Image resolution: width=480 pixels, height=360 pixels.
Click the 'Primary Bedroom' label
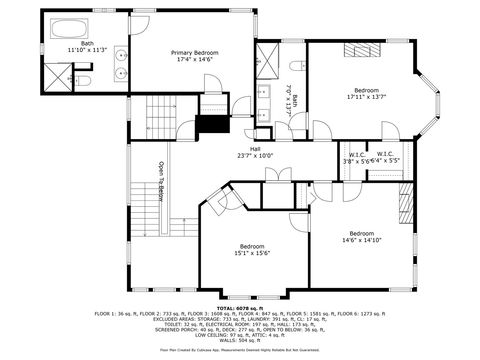(x=195, y=52)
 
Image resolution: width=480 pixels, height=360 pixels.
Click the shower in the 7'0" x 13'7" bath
(x=268, y=55)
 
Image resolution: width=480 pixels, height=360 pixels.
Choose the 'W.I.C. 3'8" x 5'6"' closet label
(x=356, y=157)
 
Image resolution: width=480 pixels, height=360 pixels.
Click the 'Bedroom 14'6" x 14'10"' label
(x=361, y=236)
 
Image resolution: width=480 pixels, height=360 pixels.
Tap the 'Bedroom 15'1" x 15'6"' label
(x=252, y=250)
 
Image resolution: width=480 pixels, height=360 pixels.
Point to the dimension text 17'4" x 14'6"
(x=195, y=59)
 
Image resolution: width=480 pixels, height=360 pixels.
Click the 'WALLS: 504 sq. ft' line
(x=239, y=340)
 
